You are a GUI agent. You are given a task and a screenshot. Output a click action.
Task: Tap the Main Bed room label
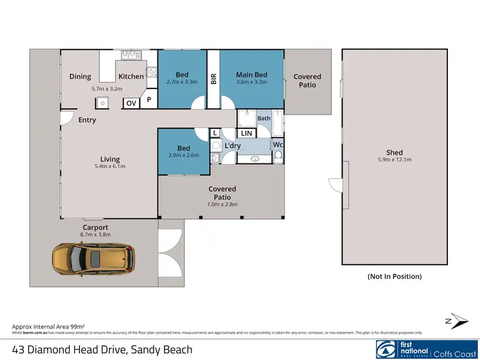pyautogui.click(x=252, y=75)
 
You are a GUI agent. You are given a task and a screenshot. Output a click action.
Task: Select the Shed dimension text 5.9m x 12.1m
pyautogui.click(x=394, y=160)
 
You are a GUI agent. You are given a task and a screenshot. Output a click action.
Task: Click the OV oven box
pyautogui.click(x=131, y=103)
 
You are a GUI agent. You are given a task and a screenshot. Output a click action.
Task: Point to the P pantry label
pyautogui.click(x=148, y=101)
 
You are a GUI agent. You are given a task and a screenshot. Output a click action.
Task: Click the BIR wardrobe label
pyautogui.click(x=214, y=78)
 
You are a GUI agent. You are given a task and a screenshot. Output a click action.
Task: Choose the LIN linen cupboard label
pyautogui.click(x=246, y=133)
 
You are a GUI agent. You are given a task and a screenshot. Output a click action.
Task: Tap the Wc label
pyautogui.click(x=278, y=145)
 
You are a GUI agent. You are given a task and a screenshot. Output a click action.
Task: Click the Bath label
pyautogui.click(x=264, y=119)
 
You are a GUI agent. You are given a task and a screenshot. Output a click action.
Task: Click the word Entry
pyautogui.click(x=87, y=120)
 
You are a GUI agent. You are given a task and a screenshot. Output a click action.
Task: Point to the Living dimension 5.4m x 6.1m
pyautogui.click(x=109, y=167)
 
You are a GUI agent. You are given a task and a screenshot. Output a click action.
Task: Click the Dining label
pyautogui.click(x=80, y=77)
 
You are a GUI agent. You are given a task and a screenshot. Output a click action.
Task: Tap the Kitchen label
pyautogui.click(x=131, y=77)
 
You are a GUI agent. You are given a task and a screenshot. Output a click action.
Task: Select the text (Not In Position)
pyautogui.click(x=394, y=277)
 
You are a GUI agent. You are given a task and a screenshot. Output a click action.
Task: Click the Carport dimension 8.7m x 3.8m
pyautogui.click(x=95, y=235)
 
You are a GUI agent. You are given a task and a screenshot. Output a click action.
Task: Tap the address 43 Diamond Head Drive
pyautogui.click(x=102, y=350)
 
